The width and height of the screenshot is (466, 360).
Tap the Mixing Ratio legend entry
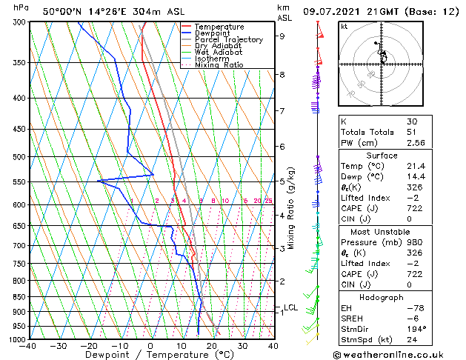(x=219, y=65)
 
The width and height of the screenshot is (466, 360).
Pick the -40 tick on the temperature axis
(x=28, y=346)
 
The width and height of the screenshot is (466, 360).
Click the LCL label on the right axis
(x=290, y=307)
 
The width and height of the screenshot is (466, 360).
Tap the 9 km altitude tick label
(x=282, y=36)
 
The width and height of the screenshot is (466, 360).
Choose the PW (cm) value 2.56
(x=413, y=143)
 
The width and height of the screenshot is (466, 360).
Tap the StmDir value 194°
(x=415, y=328)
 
